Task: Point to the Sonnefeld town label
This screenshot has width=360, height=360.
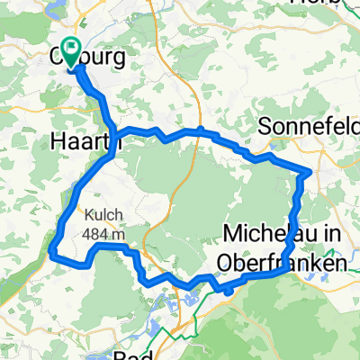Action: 309,126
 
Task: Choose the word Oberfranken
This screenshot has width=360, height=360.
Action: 282,263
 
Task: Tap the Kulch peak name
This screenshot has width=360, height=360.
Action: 103,215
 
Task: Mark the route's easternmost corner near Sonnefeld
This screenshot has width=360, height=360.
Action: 310,171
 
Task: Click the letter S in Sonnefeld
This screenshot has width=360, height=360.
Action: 265,126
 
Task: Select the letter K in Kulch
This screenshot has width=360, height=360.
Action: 89,215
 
